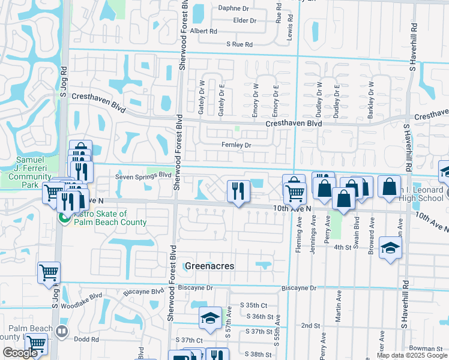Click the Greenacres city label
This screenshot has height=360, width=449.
(209, 266)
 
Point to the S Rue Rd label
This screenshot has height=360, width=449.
(240, 44)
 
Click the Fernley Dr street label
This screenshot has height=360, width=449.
(236, 145)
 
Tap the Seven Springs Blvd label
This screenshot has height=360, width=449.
(143, 176)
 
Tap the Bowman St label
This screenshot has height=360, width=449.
(427, 348)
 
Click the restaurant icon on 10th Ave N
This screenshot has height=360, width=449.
(238, 192)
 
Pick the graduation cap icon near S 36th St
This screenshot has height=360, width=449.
(210, 319)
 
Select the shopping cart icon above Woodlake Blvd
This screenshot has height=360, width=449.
(49, 272)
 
